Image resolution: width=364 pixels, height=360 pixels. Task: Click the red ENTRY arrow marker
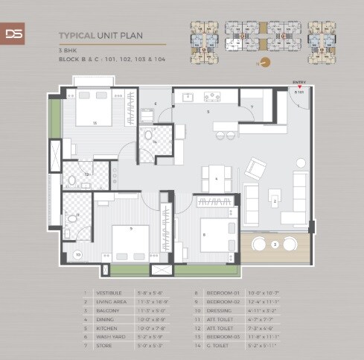(x=298, y=86)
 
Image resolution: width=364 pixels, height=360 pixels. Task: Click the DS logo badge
(x=13, y=34)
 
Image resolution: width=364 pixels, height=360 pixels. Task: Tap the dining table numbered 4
(x=217, y=180)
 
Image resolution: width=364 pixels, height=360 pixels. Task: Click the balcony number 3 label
(x=275, y=244)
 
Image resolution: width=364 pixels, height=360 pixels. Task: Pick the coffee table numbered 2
(x=275, y=200)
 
